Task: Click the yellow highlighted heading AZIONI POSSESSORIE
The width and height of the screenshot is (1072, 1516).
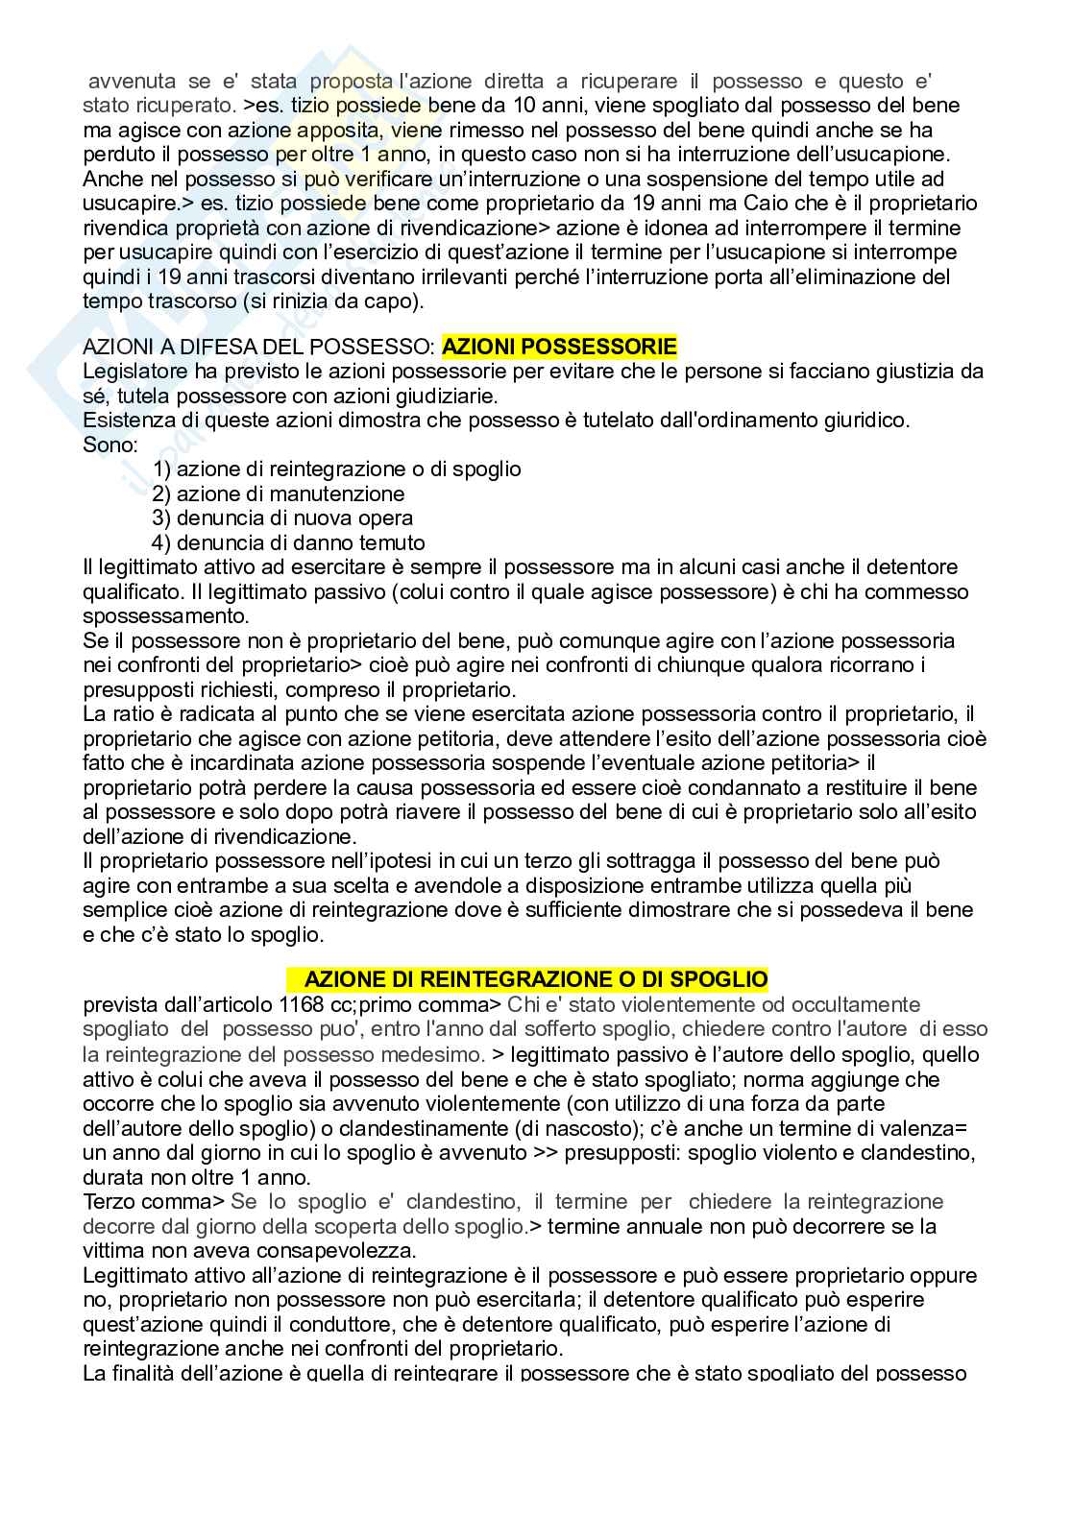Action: point(559,347)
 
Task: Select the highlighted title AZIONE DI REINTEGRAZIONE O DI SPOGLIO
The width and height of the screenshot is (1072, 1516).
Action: point(535,979)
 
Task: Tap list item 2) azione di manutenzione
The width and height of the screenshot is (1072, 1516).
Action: point(278,493)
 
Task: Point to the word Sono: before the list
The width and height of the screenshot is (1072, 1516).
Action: point(110,445)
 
